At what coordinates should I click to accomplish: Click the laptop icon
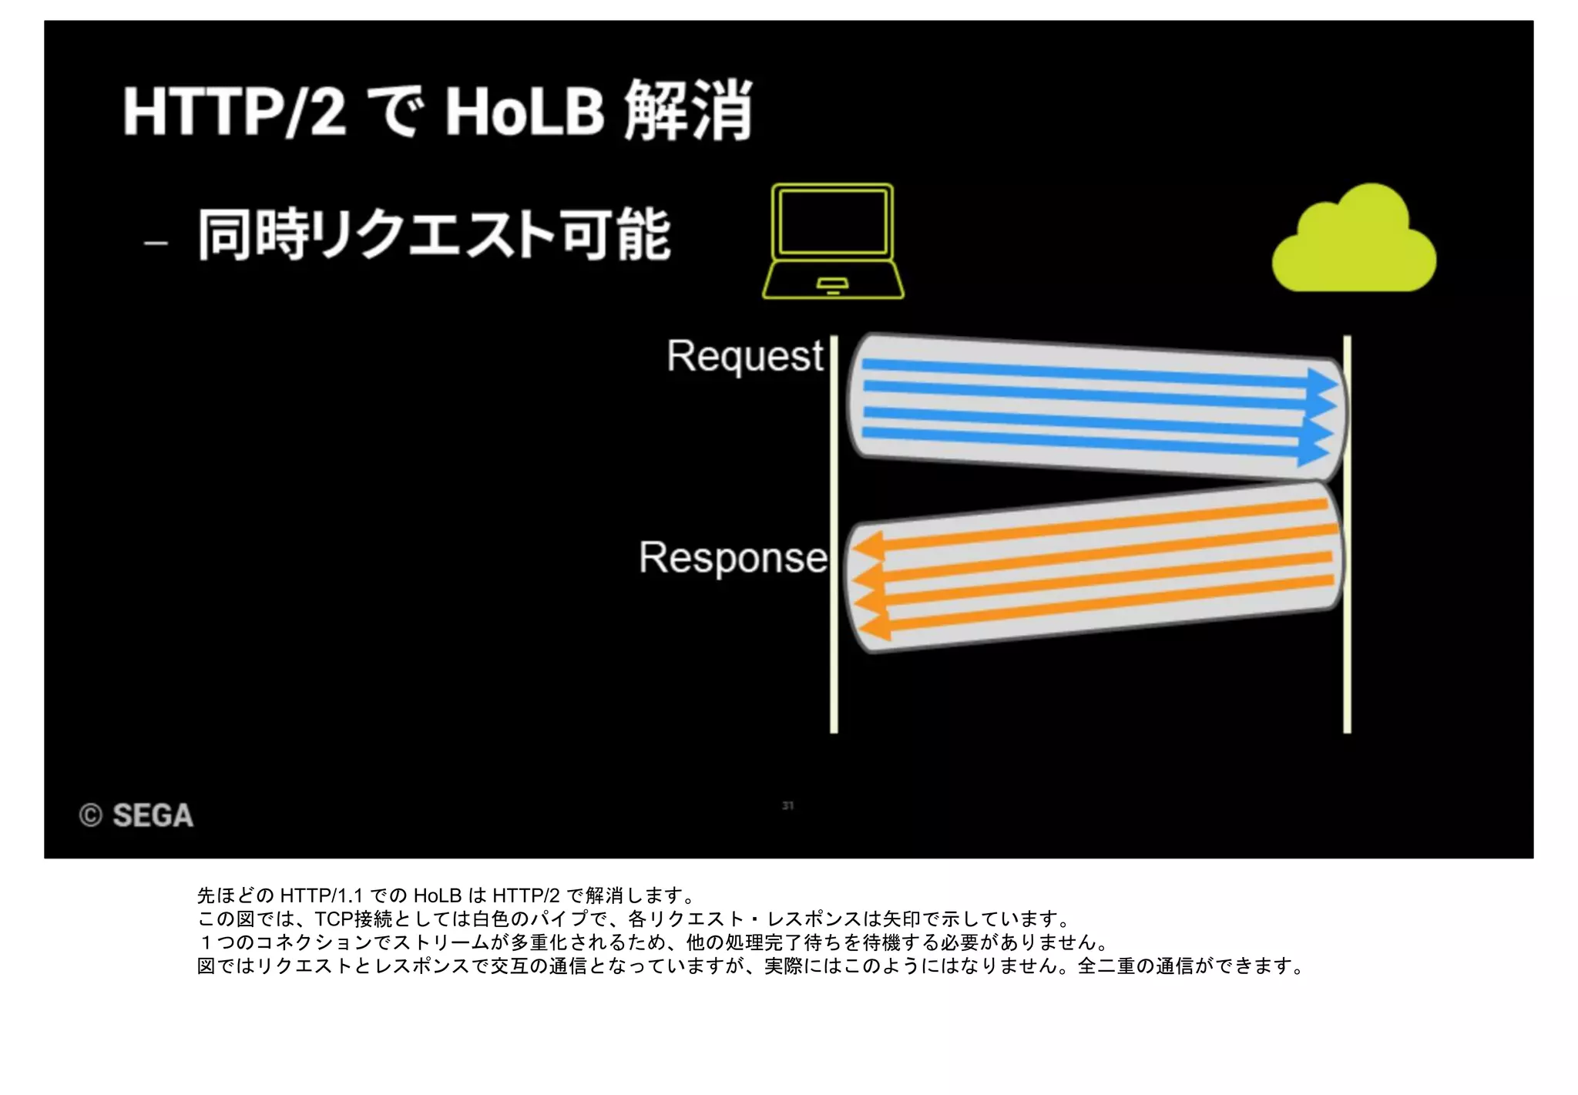point(833,240)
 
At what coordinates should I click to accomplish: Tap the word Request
point(744,356)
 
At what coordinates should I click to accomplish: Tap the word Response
point(732,557)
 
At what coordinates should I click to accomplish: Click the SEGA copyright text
point(137,815)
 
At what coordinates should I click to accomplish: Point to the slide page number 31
point(787,805)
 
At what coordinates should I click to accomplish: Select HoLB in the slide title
point(525,113)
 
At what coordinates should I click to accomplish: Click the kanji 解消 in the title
point(688,111)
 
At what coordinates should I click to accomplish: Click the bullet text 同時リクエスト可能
point(434,234)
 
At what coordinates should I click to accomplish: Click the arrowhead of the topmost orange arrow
point(868,546)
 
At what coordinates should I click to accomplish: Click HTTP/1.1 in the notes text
point(321,895)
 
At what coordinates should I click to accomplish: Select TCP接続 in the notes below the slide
point(354,919)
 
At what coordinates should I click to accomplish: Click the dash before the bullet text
point(156,243)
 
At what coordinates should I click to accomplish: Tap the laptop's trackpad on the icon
point(832,284)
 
